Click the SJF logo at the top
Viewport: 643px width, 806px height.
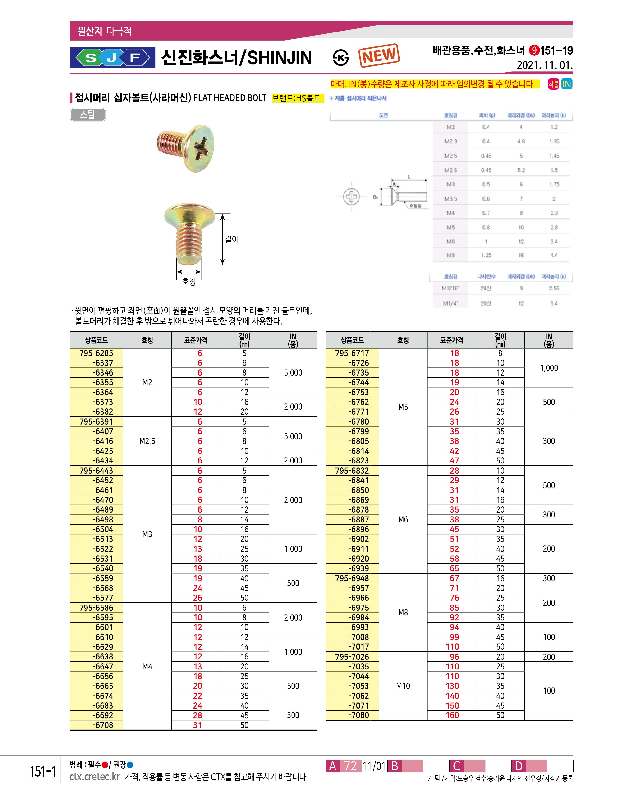coord(112,58)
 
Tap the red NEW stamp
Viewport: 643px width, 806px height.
coord(379,56)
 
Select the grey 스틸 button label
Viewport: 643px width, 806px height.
coord(87,115)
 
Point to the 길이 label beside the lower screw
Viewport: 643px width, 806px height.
coord(232,239)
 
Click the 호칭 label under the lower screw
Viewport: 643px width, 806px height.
coord(188,281)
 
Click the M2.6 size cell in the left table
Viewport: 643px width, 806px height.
coord(147,441)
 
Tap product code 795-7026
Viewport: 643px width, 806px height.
coord(352,657)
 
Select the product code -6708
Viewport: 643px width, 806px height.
coord(103,725)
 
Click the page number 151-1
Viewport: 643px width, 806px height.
coord(43,771)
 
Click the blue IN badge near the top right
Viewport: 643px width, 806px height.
coord(566,84)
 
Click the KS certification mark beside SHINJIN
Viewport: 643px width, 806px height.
coord(340,58)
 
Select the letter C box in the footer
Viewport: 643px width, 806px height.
coord(456,766)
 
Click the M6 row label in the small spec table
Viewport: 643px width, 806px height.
coord(450,242)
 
